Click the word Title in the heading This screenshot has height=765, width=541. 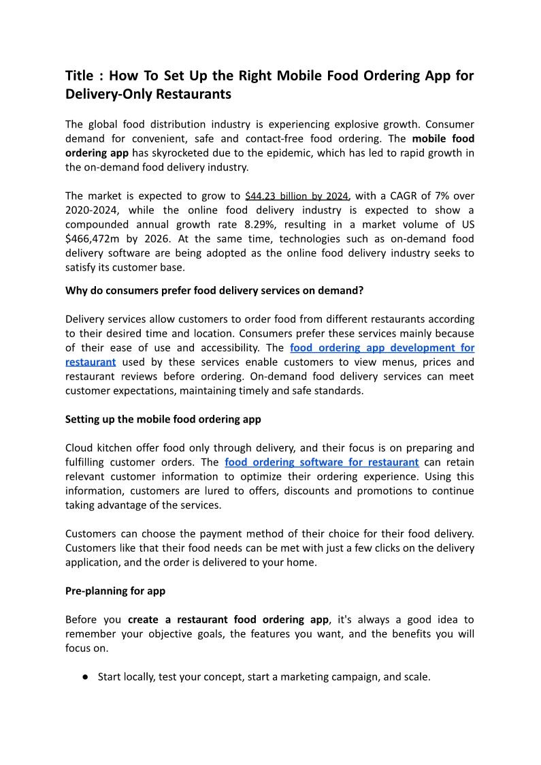coord(80,75)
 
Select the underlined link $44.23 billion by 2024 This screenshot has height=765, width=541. coord(297,196)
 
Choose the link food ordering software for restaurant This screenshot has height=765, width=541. coord(321,462)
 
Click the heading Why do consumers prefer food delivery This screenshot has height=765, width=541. coord(214,290)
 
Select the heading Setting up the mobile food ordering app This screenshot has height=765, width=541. coord(163,419)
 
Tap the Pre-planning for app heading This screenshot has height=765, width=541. coord(115,591)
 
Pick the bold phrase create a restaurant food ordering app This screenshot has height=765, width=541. coord(228,619)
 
